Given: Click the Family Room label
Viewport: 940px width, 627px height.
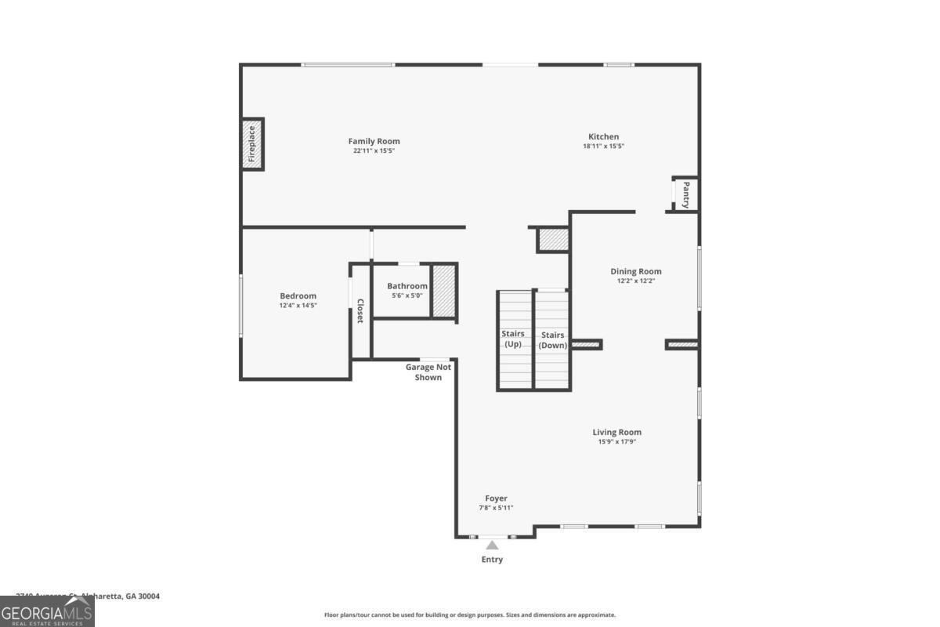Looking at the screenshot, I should tap(374, 141).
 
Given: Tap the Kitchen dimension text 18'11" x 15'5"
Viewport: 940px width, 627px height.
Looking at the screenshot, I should tap(603, 147).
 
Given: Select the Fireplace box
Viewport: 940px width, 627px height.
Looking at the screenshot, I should tap(252, 144).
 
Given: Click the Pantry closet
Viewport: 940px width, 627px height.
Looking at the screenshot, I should tap(685, 194).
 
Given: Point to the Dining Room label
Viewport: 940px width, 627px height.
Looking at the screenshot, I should tap(636, 271).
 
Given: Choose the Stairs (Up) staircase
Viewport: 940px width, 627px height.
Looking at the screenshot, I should tap(514, 339).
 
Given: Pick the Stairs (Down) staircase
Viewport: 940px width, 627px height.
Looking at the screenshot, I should tap(552, 339).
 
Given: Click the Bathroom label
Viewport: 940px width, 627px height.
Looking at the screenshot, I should tap(407, 286).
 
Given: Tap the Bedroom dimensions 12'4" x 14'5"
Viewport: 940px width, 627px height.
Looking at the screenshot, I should tap(298, 306).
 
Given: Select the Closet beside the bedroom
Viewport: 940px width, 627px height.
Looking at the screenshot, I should tap(360, 311).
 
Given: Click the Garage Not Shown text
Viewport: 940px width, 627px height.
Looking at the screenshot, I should tap(428, 372).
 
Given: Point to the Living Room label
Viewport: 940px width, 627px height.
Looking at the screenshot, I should tap(616, 432).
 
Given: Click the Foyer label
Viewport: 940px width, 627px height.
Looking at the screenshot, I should tap(496, 498).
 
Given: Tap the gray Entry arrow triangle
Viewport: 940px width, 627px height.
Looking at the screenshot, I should tap(492, 545).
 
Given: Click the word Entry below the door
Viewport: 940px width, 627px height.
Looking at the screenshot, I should tap(492, 560).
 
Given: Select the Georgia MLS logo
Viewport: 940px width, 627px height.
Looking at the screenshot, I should tap(47, 611).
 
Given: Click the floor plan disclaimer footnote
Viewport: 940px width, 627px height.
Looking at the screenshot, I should tap(470, 615).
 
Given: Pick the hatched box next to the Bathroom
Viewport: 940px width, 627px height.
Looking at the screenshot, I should tap(444, 291).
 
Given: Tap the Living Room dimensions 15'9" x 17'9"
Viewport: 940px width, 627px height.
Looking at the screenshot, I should tap(616, 442).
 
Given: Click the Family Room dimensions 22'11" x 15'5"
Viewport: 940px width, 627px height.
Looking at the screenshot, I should tap(374, 150).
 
